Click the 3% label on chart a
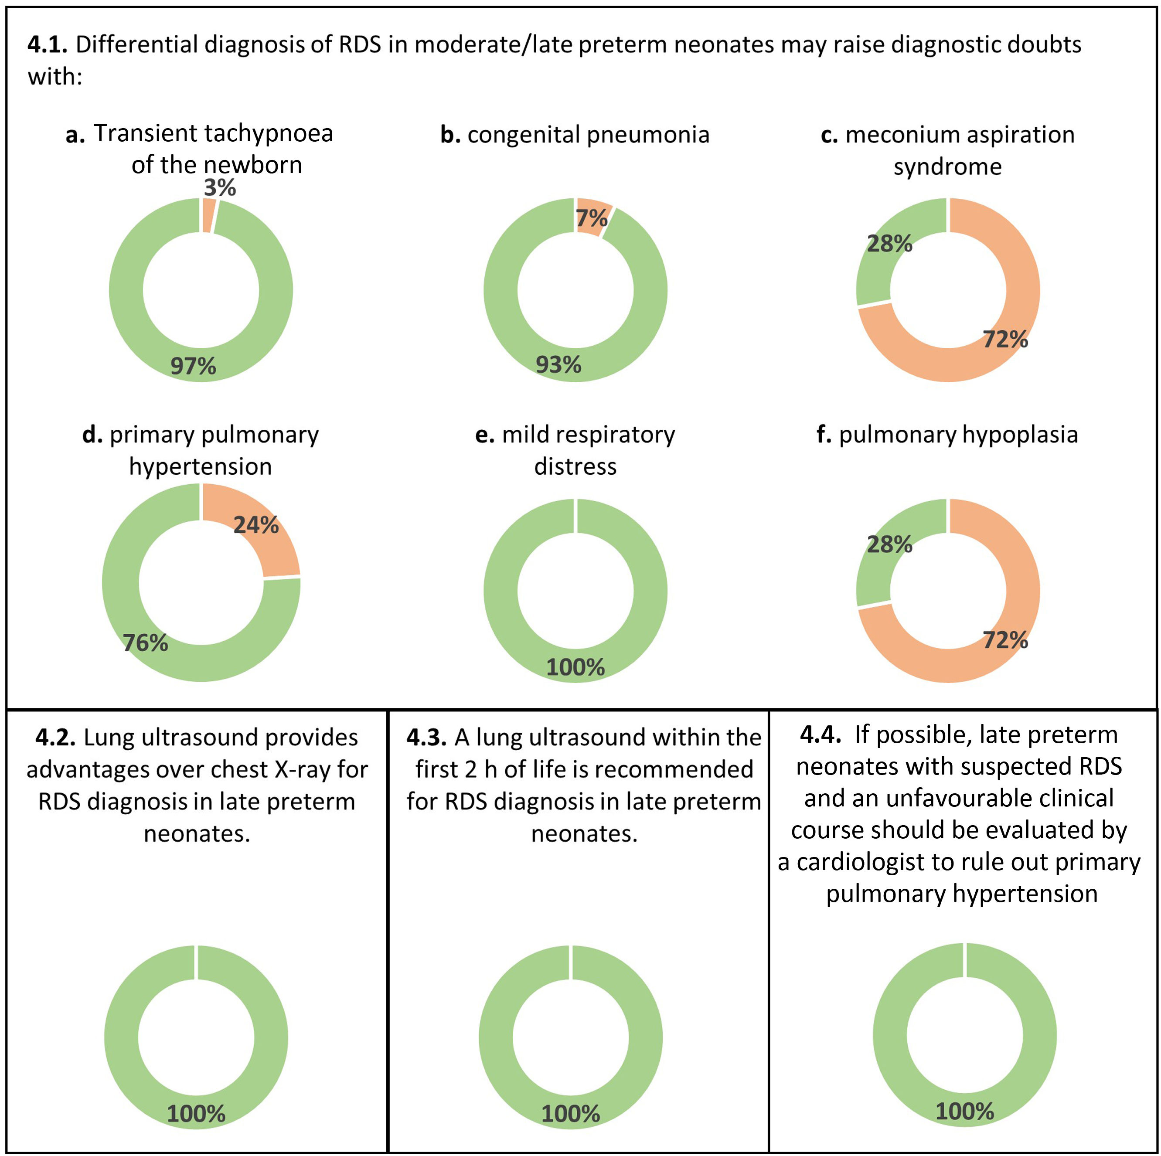[x=219, y=188]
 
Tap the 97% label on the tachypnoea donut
[x=193, y=366]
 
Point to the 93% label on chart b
[x=558, y=365]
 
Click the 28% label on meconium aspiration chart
[x=889, y=244]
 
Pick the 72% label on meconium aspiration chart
[x=1005, y=340]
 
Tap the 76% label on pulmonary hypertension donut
[x=146, y=643]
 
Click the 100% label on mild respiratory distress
[x=575, y=667]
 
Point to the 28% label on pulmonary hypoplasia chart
[x=889, y=544]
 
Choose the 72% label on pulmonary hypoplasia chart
[x=1005, y=640]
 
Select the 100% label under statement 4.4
[x=964, y=1111]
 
